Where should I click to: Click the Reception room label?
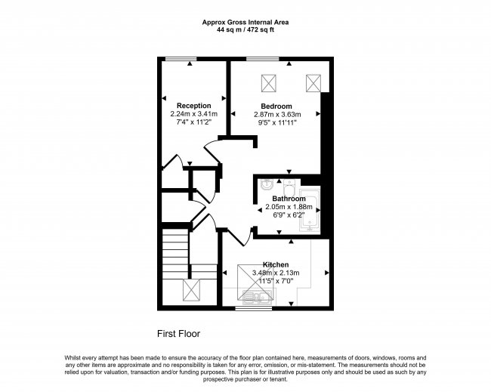click(x=194, y=106)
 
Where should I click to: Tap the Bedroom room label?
click(x=276, y=106)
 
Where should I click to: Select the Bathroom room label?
click(x=289, y=199)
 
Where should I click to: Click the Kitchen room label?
click(x=276, y=264)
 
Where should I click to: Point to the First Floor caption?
click(x=178, y=334)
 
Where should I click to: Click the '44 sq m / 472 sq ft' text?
click(x=246, y=30)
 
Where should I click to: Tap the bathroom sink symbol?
click(x=267, y=184)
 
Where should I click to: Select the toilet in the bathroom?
click(x=289, y=187)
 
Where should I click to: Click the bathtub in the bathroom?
click(x=310, y=210)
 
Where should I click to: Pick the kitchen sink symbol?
click(x=258, y=296)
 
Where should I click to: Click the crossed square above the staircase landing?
click(x=191, y=290)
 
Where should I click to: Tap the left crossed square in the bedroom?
click(x=269, y=83)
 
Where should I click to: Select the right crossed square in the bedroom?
click(x=313, y=83)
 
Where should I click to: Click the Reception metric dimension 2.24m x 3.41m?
click(x=194, y=114)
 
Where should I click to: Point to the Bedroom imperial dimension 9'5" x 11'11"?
click(x=276, y=122)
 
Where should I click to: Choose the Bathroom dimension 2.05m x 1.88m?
click(x=289, y=207)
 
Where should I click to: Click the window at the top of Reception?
click(x=181, y=59)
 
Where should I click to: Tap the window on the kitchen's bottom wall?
click(x=254, y=308)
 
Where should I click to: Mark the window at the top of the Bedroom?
click(x=262, y=59)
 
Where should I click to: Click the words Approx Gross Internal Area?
click(x=246, y=22)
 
